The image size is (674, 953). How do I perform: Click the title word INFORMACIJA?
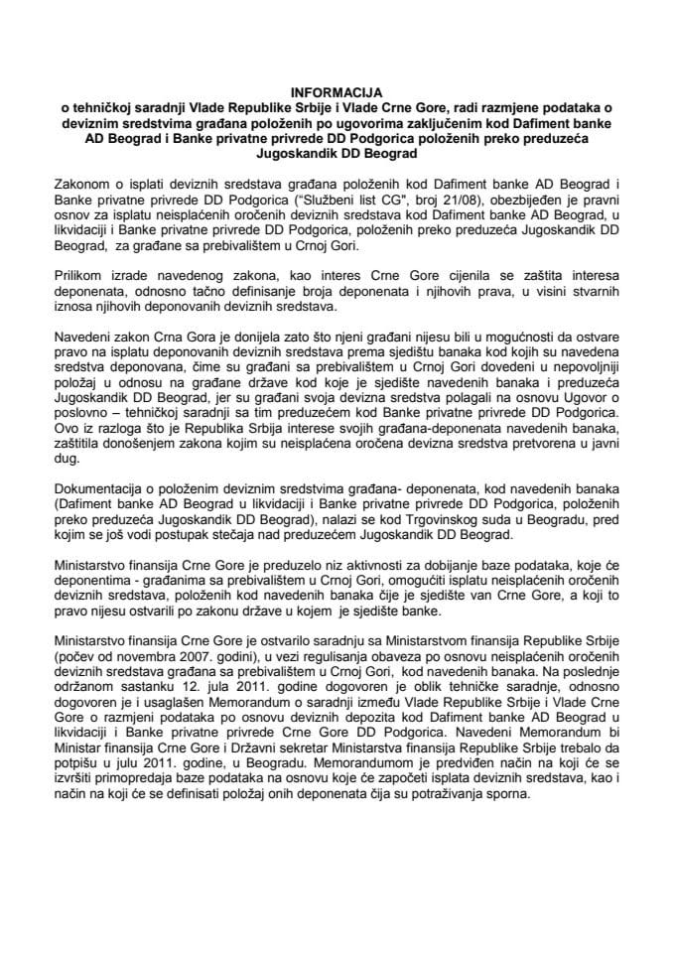(x=337, y=86)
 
